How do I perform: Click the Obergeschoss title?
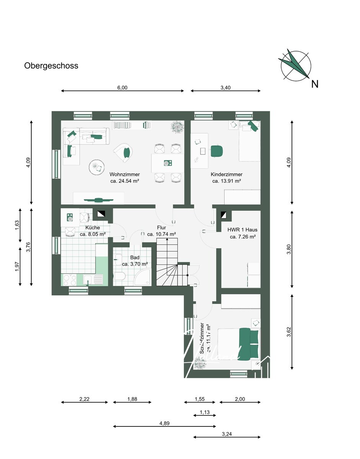click(51, 66)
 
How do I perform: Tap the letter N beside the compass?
click(314, 84)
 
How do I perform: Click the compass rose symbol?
click(295, 65)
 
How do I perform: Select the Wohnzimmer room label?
click(124, 174)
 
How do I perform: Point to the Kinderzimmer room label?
click(226, 174)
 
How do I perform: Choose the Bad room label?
click(135, 258)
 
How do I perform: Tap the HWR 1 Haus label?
click(243, 230)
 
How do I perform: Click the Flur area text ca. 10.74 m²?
click(161, 234)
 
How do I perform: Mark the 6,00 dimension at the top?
click(122, 88)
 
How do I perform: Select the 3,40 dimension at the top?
click(225, 88)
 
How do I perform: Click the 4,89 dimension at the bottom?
click(164, 423)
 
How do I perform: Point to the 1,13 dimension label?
click(205, 412)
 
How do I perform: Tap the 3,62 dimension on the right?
click(289, 332)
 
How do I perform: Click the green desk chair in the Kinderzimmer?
click(216, 151)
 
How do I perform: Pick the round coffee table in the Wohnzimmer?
click(96, 167)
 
